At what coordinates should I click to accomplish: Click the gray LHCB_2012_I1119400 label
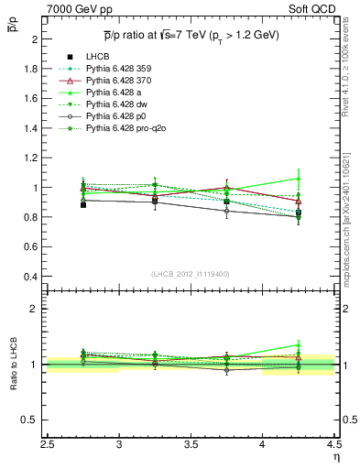[x=191, y=274]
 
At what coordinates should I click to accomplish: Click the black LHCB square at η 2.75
[x=83, y=204]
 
